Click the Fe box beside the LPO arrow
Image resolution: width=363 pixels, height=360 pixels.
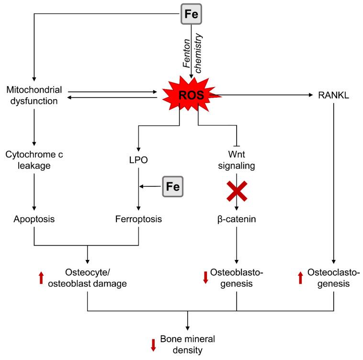coord(173,186)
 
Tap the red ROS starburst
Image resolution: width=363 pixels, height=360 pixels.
coord(191,96)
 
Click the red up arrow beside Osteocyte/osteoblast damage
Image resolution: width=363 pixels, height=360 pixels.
coord(42,278)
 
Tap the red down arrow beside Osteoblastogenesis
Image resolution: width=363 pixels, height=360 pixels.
coord(206,278)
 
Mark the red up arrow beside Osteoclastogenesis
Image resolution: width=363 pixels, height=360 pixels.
coord(300,278)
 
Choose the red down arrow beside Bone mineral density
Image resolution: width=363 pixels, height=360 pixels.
coord(153,345)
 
